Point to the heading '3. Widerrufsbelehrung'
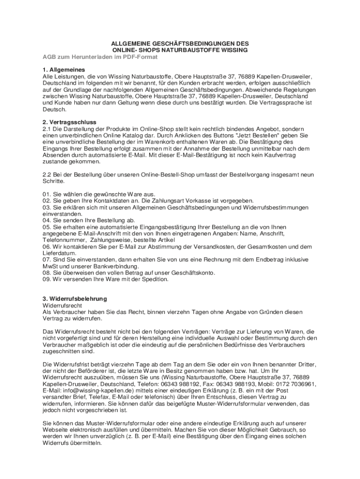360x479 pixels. coord(74,298)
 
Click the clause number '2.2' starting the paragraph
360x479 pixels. coord(46,174)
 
